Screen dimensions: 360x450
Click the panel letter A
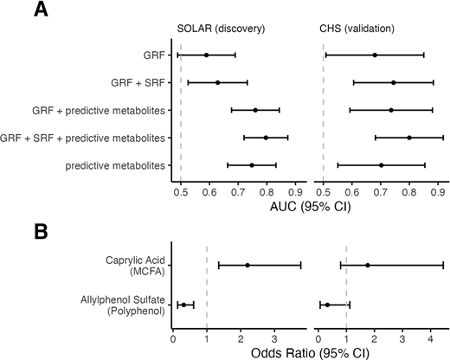(x=12, y=12)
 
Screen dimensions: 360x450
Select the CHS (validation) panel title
(x=356, y=27)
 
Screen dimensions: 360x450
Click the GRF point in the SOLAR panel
(x=206, y=55)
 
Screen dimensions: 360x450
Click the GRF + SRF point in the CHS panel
(x=393, y=82)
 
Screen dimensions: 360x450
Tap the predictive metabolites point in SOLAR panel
(x=252, y=164)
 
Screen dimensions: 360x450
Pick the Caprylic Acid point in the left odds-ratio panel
(x=247, y=265)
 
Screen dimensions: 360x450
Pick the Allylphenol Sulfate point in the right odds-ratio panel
(x=327, y=305)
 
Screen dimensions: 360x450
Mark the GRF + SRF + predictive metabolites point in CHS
(x=409, y=137)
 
